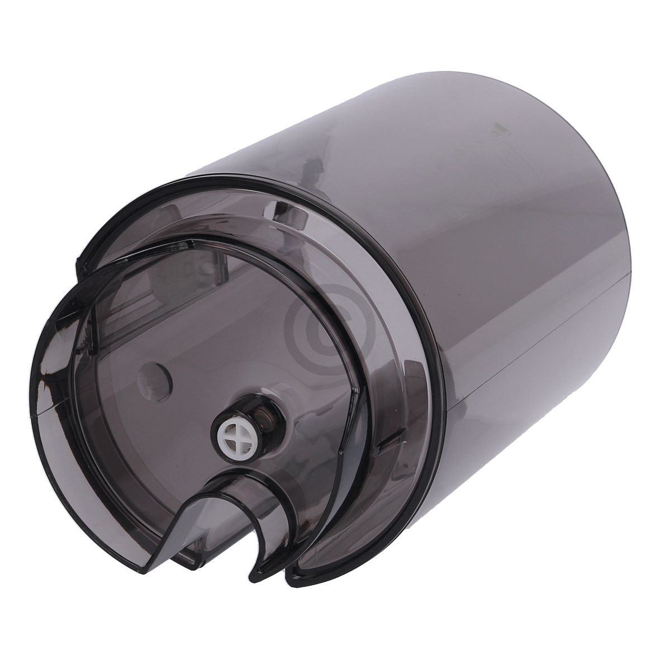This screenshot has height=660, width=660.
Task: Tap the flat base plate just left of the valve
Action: pyautogui.click(x=184, y=425)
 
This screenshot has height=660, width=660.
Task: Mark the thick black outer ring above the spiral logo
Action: pyautogui.click(x=313, y=240)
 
